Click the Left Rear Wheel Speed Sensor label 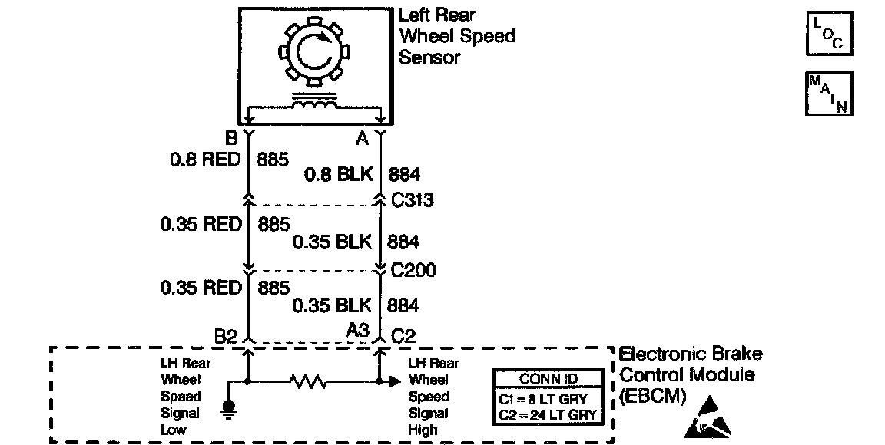pyautogui.click(x=456, y=36)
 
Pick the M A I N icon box pyautogui.click(x=829, y=94)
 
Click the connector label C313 pyautogui.click(x=412, y=201)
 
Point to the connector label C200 pyautogui.click(x=413, y=271)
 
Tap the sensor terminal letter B pyautogui.click(x=230, y=139)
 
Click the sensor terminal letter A pyautogui.click(x=362, y=139)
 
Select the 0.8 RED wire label pyautogui.click(x=204, y=160)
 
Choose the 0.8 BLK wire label pyautogui.click(x=338, y=174)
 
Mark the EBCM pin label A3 pyautogui.click(x=357, y=330)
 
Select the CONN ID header pyautogui.click(x=548, y=379)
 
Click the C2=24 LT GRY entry pyautogui.click(x=548, y=416)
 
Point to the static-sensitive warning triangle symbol pyautogui.click(x=704, y=418)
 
